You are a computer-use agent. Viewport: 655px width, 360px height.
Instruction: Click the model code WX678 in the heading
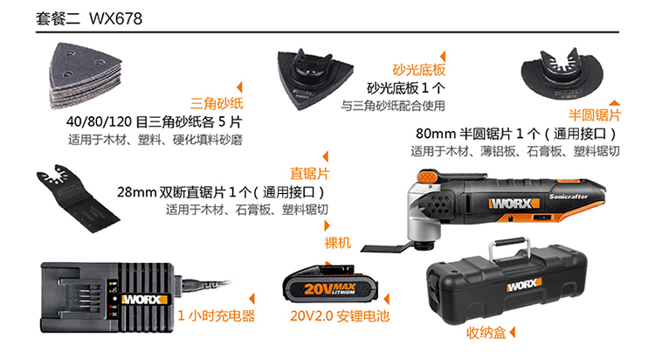point(115,19)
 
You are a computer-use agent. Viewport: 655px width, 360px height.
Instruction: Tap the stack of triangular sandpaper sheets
point(85,76)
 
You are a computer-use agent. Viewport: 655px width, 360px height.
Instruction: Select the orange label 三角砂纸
point(217,103)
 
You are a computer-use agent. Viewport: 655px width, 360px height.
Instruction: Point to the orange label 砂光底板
point(419,70)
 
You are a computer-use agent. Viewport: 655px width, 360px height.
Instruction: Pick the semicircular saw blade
point(562,73)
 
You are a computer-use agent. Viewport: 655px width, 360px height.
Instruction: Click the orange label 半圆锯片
point(595,114)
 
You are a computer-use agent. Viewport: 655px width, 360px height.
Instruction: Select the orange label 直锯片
point(309,173)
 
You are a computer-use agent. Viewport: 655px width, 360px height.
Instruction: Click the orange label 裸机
point(337,243)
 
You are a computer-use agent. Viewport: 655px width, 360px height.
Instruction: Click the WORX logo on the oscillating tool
point(514,204)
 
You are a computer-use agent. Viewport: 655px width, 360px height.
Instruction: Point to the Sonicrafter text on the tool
point(569,196)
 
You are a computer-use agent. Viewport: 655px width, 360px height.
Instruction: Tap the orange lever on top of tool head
point(427,177)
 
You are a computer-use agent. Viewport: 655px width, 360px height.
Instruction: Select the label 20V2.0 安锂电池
point(340,315)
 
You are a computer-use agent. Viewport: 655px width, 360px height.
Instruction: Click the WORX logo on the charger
point(144,300)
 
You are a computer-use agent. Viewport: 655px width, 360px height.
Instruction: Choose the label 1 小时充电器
point(217,315)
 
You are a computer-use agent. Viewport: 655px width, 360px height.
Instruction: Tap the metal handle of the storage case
point(510,249)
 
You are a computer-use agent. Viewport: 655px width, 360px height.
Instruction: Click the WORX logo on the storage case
point(524,285)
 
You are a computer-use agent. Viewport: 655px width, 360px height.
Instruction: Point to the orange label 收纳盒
point(486,333)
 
